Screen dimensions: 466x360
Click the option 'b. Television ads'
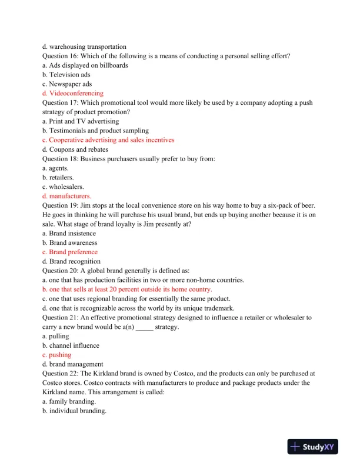tap(66, 75)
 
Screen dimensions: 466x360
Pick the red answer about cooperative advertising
tap(108, 140)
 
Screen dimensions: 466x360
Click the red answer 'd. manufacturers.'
tap(66, 196)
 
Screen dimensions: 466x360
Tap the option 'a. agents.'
tap(55, 168)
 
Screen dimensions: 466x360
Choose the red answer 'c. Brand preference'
tap(69, 252)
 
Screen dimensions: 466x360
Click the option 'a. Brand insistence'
tap(69, 233)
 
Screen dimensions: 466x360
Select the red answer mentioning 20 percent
tap(127, 289)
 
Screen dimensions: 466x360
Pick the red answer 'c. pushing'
tap(56, 355)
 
